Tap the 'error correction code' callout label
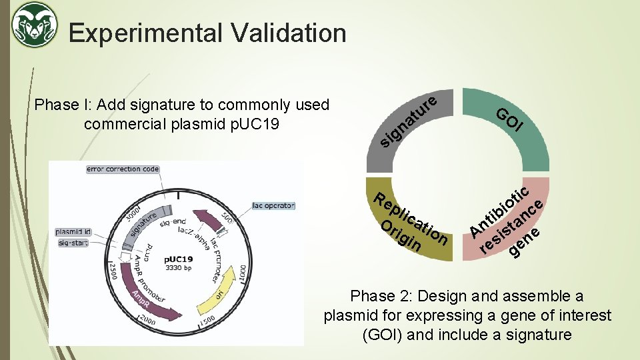coord(123,169)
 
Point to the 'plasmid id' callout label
coord(74,232)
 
